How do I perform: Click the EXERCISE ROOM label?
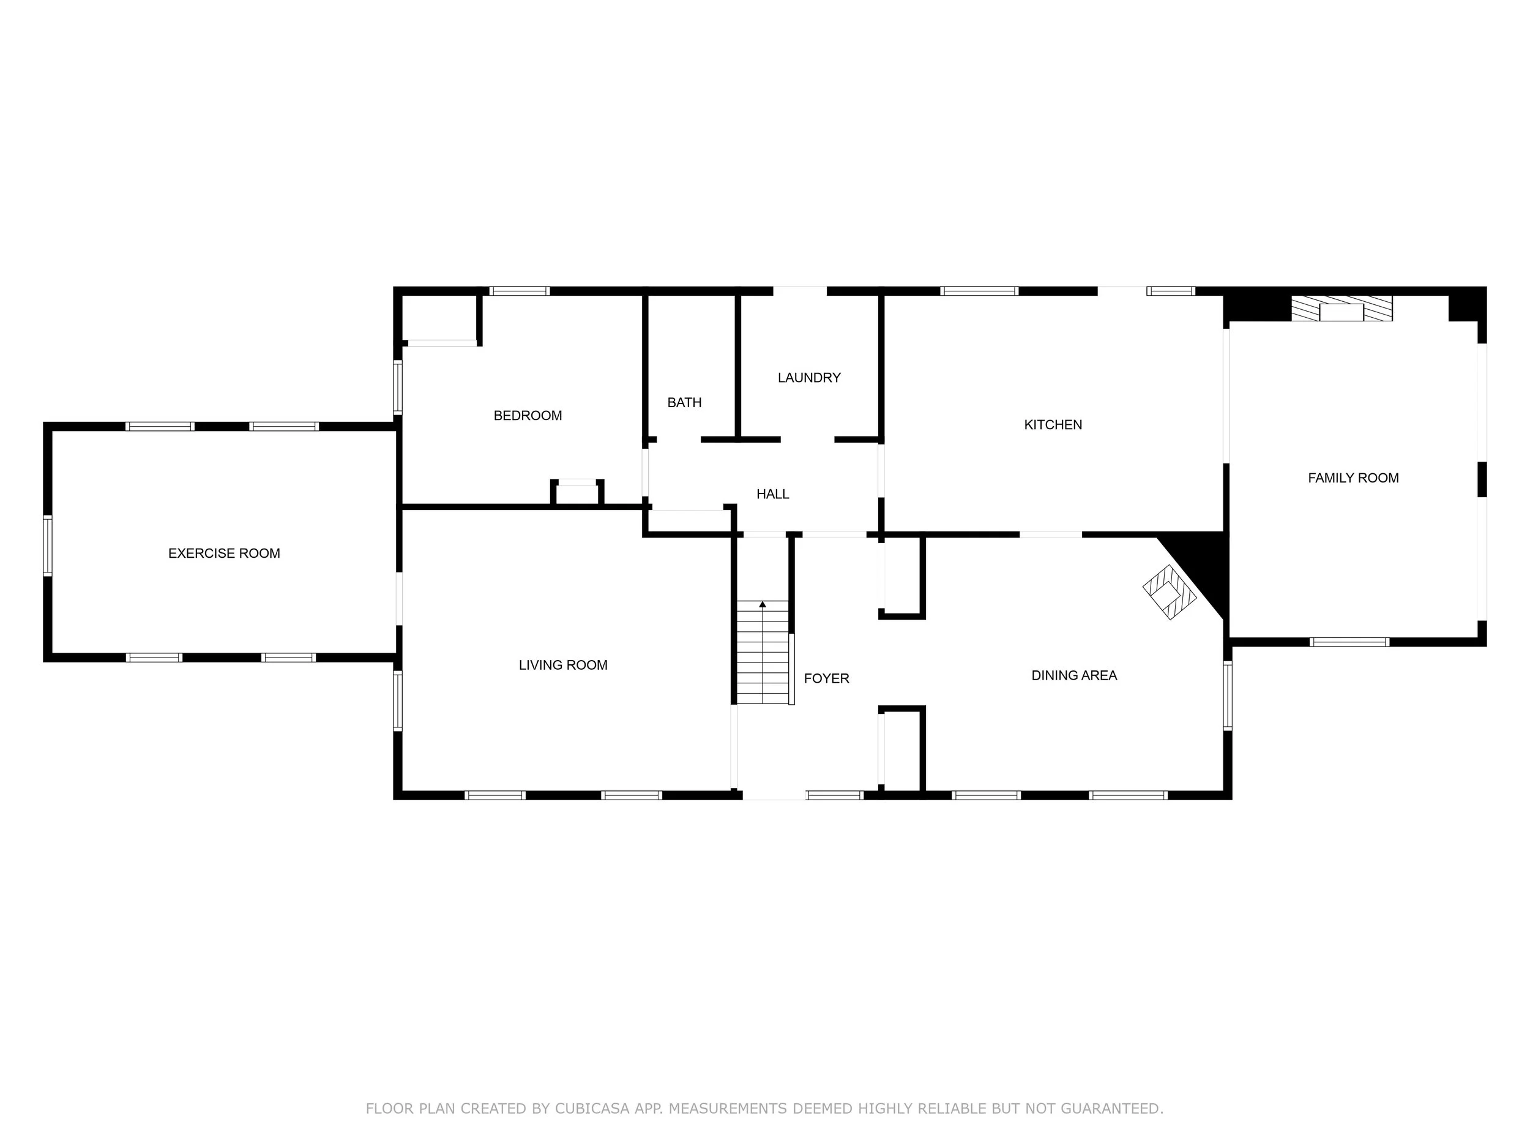pyautogui.click(x=224, y=553)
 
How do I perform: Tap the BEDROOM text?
pyautogui.click(x=527, y=415)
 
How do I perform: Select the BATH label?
pyautogui.click(x=684, y=402)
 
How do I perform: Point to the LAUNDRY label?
pyautogui.click(x=808, y=377)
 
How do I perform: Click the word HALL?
pyautogui.click(x=772, y=494)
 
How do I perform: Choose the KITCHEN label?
pyautogui.click(x=1053, y=424)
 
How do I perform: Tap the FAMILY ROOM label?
pyautogui.click(x=1353, y=478)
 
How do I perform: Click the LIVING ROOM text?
pyautogui.click(x=563, y=665)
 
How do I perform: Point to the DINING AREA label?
pyautogui.click(x=1073, y=675)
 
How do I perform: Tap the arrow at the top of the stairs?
pyautogui.click(x=762, y=605)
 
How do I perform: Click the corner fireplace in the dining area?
pyautogui.click(x=1169, y=591)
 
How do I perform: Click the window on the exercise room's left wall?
pyautogui.click(x=48, y=546)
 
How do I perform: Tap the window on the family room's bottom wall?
pyautogui.click(x=1349, y=642)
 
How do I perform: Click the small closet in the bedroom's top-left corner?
pyautogui.click(x=440, y=318)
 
